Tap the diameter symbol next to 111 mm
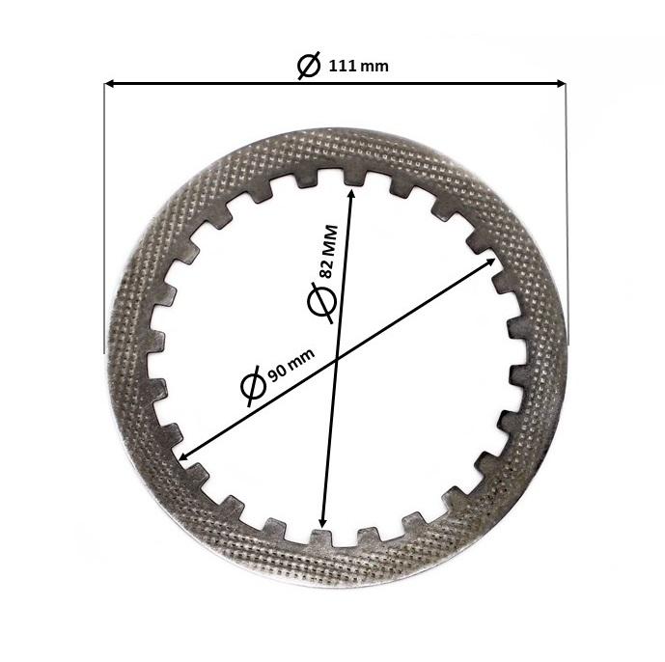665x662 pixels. pyautogui.click(x=310, y=67)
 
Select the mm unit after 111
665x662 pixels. pyautogui.click(x=376, y=68)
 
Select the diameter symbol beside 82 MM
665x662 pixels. pyautogui.click(x=320, y=301)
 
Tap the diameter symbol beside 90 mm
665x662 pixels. pyautogui.click(x=251, y=387)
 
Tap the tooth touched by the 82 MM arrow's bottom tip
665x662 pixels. pyautogui.click(x=321, y=536)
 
